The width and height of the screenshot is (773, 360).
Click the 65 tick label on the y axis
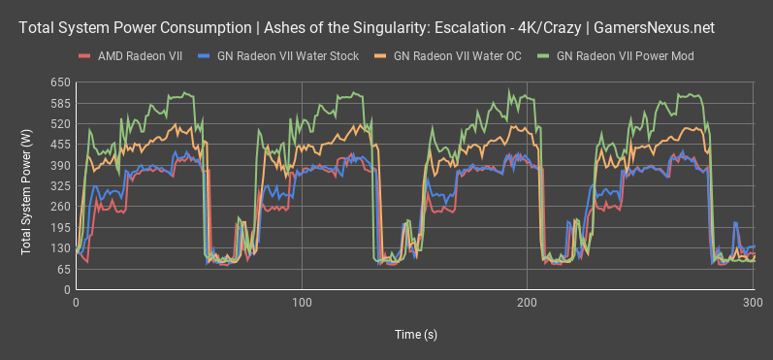(x=62, y=269)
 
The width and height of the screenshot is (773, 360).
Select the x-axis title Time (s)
(x=414, y=334)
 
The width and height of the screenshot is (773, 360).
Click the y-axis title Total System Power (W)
(x=26, y=185)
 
